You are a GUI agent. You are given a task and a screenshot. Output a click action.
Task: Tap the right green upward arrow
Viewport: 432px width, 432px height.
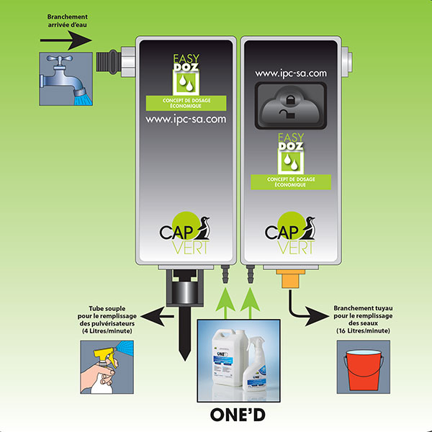(252, 303)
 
